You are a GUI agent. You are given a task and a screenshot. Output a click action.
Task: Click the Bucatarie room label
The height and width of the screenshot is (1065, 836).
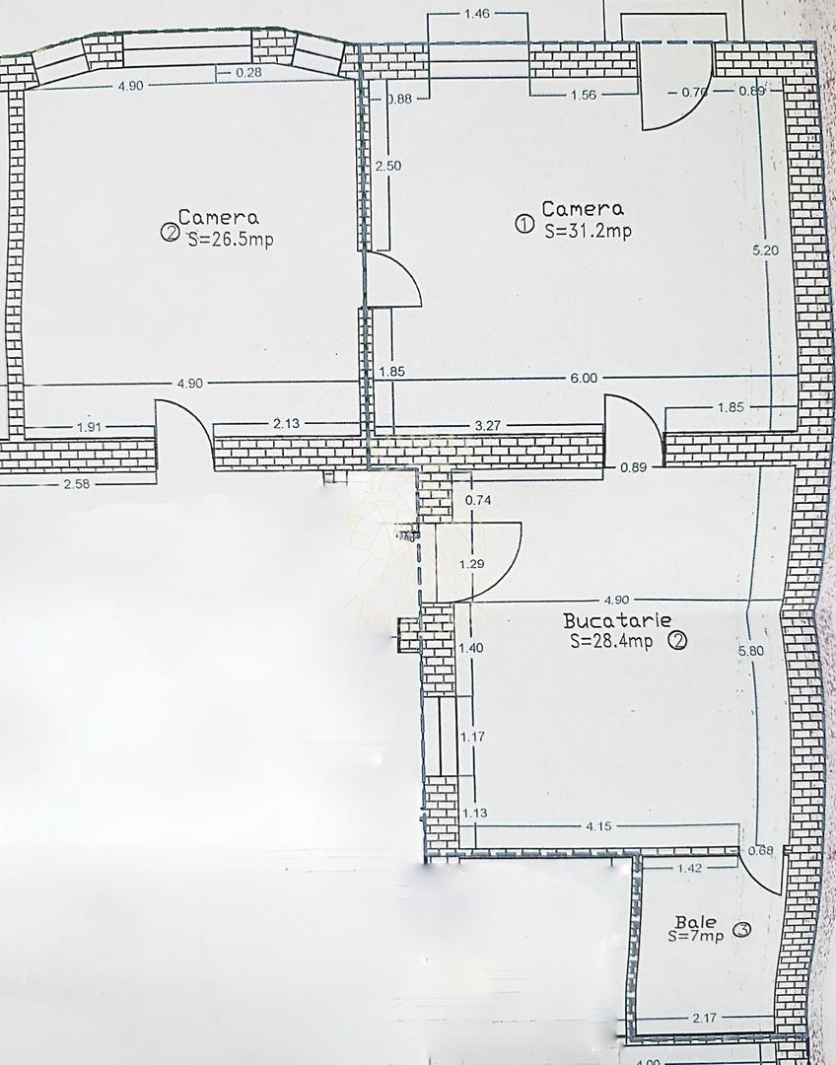pos(617,621)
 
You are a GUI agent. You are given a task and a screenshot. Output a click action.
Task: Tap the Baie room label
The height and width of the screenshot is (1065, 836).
pos(689,921)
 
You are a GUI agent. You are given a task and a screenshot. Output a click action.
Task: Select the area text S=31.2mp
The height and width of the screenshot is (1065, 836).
pos(588,231)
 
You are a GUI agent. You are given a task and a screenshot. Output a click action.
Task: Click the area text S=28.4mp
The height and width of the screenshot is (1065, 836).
pos(611,642)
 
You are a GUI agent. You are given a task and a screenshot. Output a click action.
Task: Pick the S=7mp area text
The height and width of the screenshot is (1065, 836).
pos(695,935)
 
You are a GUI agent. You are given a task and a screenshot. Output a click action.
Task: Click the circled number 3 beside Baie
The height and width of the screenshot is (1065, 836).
pos(742,929)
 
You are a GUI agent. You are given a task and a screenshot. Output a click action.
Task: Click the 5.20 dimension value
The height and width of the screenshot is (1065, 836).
pos(765,250)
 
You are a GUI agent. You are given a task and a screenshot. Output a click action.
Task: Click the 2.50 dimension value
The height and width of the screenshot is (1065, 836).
pos(387,166)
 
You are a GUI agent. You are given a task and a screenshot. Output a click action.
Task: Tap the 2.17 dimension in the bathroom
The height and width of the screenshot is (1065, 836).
pos(705,1016)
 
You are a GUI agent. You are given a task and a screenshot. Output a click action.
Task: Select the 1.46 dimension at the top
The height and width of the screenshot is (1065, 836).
pos(476,15)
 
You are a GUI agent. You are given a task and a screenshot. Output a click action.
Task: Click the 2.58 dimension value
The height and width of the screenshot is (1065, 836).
pos(76,483)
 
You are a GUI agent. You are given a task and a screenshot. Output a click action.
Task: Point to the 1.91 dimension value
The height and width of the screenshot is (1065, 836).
pos(90,428)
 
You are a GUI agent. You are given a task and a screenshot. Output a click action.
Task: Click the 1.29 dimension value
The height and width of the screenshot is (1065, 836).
pos(473,564)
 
